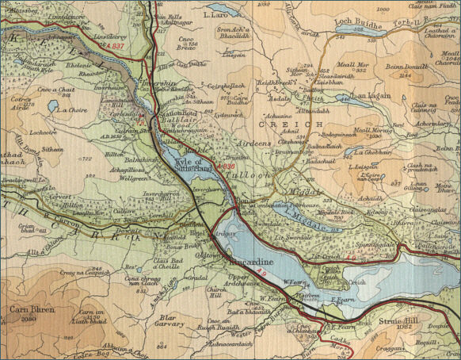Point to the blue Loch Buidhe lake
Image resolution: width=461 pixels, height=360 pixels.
pyautogui.click(x=360, y=29)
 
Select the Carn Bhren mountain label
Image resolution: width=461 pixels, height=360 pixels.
pyautogui.click(x=29, y=309)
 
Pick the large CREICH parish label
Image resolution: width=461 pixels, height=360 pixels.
pyautogui.click(x=276, y=124)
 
